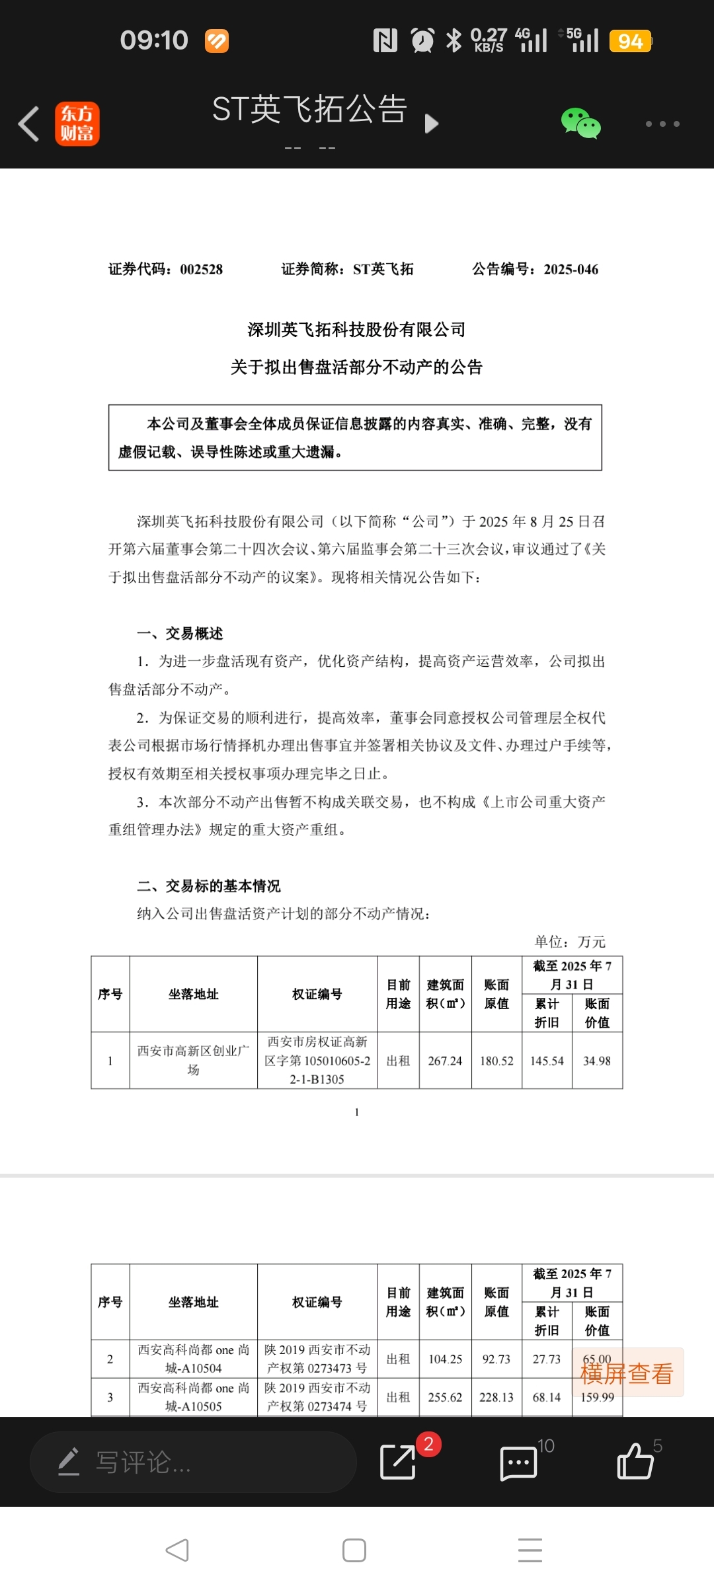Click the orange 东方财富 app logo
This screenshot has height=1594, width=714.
(x=77, y=124)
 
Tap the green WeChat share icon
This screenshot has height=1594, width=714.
(x=580, y=124)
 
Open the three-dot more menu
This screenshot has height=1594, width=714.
(x=662, y=124)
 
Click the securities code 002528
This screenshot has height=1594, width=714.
(x=201, y=270)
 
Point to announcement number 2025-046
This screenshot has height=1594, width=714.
(x=571, y=270)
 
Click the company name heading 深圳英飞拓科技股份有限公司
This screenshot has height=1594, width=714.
(x=356, y=330)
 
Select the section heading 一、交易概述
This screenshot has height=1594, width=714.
(x=180, y=634)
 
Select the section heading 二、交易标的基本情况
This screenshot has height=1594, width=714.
(x=209, y=886)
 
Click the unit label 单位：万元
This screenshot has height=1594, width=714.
(x=570, y=942)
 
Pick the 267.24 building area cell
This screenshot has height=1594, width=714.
(x=445, y=1061)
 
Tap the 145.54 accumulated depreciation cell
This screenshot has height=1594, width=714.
(x=547, y=1061)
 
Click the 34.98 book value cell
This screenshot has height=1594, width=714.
(x=597, y=1061)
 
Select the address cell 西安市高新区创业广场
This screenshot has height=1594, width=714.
(x=193, y=1060)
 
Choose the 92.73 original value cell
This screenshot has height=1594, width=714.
(x=496, y=1359)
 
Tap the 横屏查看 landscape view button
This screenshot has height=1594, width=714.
(x=627, y=1373)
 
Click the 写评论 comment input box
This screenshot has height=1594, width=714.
(x=193, y=1462)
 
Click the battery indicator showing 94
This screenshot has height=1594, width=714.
(x=630, y=42)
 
